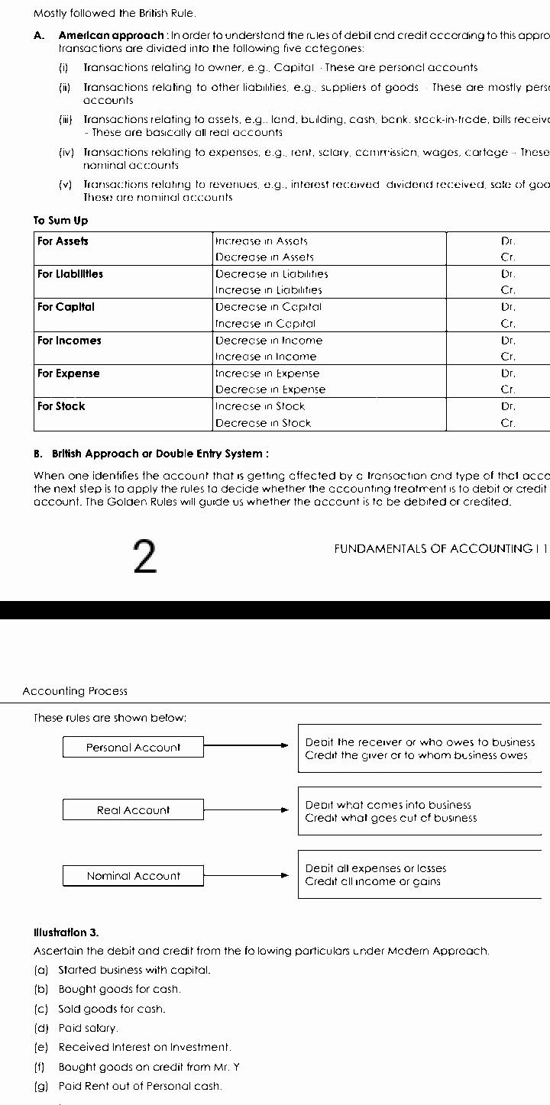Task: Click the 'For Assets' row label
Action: pyautogui.click(x=63, y=241)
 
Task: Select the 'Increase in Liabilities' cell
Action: pyautogui.click(x=269, y=290)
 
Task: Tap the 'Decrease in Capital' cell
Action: pyautogui.click(x=268, y=307)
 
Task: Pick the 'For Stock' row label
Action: pyautogui.click(x=61, y=406)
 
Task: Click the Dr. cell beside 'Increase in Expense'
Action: pyautogui.click(x=508, y=373)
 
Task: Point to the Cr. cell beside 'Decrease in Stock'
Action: pyautogui.click(x=508, y=423)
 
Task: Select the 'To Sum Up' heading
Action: pyautogui.click(x=60, y=221)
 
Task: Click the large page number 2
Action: pyautogui.click(x=144, y=557)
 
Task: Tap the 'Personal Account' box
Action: pyautogui.click(x=133, y=748)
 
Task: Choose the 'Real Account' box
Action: pyautogui.click(x=133, y=810)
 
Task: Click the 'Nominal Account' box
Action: pyautogui.click(x=133, y=876)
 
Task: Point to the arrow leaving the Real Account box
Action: pyautogui.click(x=247, y=810)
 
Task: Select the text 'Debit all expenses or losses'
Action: pyautogui.click(x=376, y=868)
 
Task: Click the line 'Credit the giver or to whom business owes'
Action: pyautogui.click(x=416, y=755)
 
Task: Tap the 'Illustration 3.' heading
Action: pyautogui.click(x=66, y=932)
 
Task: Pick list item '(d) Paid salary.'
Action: pyautogui.click(x=76, y=1029)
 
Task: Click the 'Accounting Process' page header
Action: pyautogui.click(x=75, y=691)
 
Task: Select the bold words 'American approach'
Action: pyautogui.click(x=111, y=35)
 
